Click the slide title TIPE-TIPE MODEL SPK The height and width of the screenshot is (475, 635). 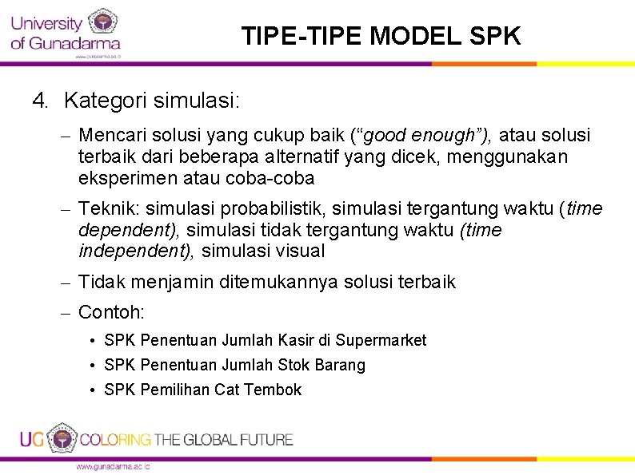(381, 36)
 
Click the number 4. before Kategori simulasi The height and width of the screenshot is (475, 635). (41, 101)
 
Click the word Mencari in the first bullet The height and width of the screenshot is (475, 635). (110, 136)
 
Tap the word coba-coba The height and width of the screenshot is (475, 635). (278, 177)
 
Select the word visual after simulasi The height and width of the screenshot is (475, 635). (299, 251)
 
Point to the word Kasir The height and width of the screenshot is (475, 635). (296, 341)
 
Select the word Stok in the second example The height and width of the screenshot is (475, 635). (295, 366)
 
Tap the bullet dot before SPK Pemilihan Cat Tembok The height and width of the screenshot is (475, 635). (94, 390)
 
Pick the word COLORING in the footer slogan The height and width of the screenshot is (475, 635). (116, 439)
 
